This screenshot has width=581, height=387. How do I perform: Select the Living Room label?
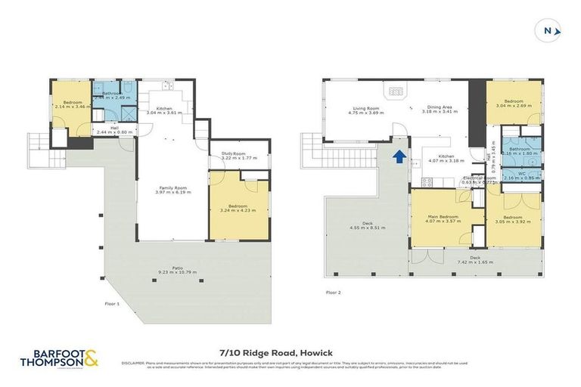(363, 108)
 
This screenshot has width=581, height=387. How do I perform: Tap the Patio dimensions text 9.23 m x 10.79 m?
(175, 272)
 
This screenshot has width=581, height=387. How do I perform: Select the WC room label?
(522, 174)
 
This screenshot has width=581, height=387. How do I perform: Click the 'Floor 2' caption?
(333, 292)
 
